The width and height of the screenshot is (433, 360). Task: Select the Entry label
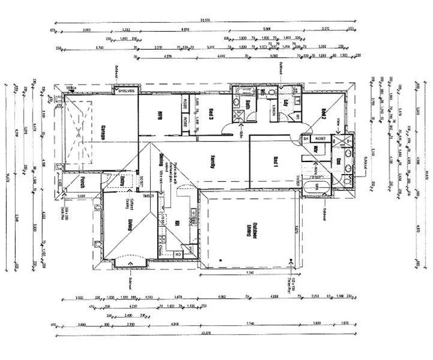[x=123, y=181]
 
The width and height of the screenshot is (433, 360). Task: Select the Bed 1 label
[x=276, y=162]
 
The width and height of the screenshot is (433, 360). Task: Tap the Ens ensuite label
[x=339, y=161]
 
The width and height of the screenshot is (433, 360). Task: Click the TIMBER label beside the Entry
[x=150, y=196]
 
